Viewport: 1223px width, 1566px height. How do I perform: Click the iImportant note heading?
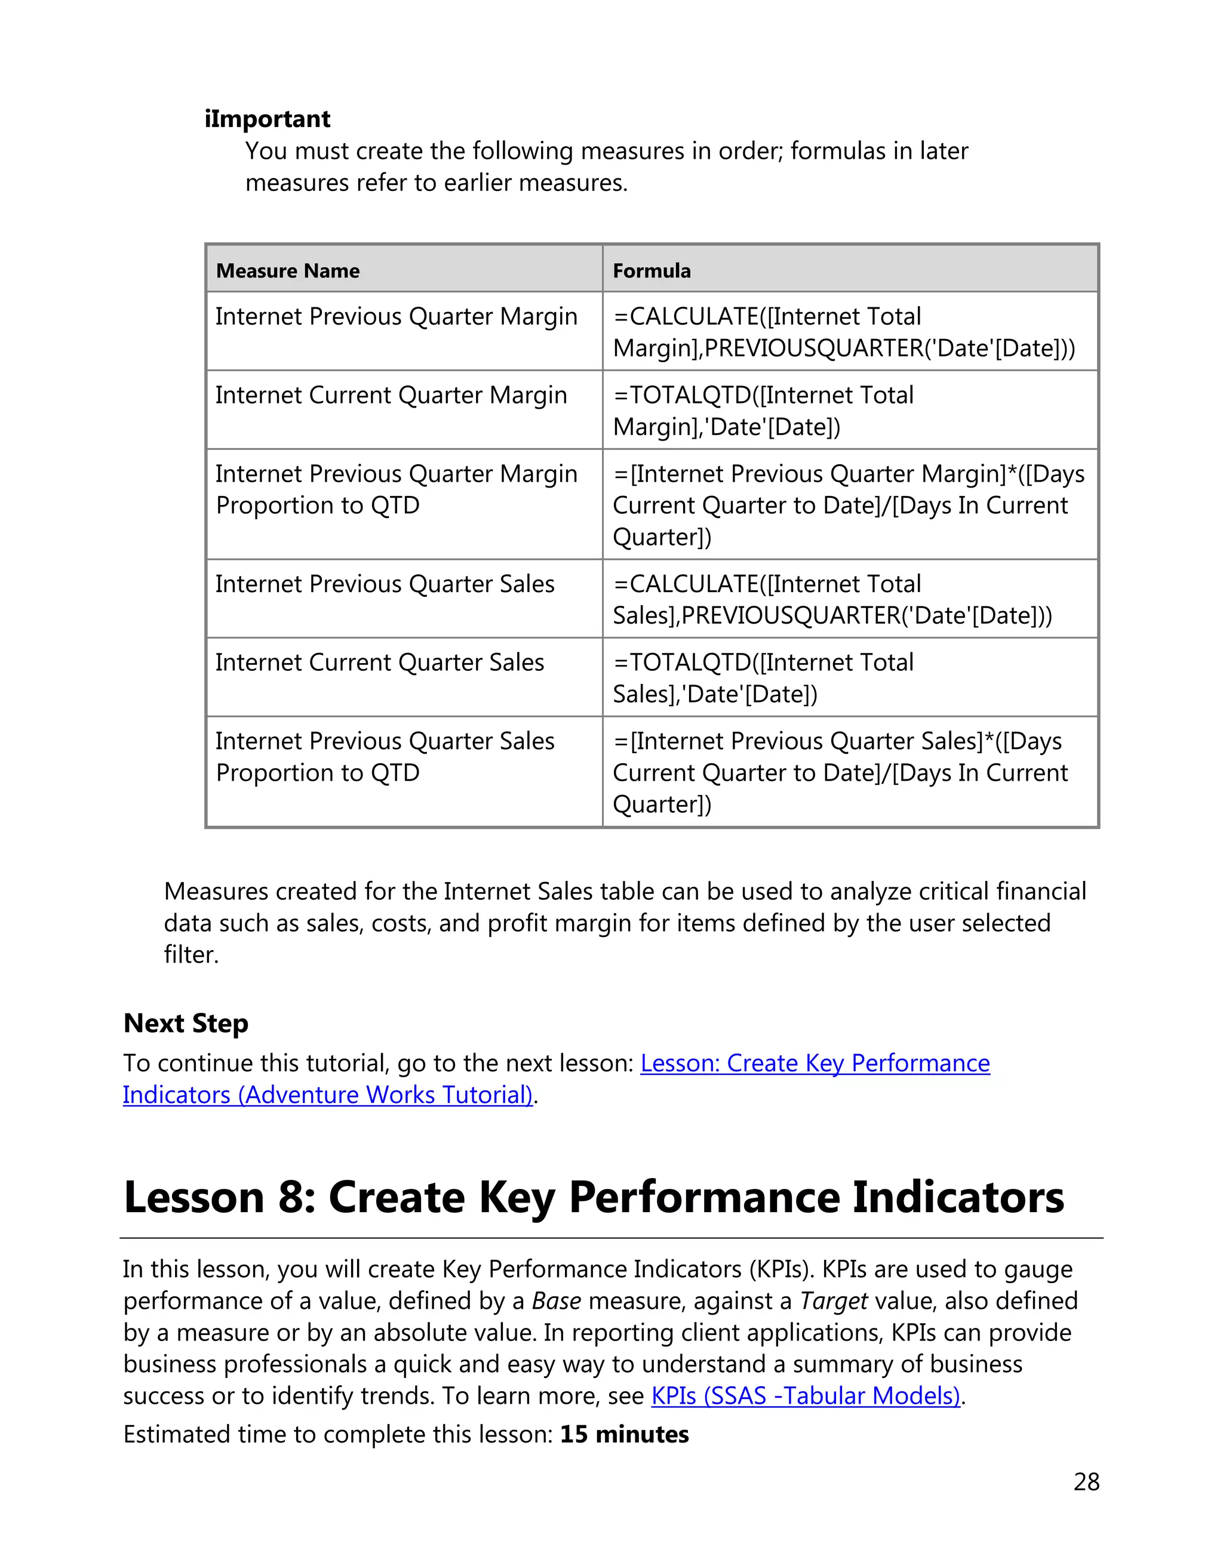[x=267, y=119]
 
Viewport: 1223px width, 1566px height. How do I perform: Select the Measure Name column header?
[x=288, y=271]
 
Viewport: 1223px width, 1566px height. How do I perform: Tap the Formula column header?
[x=652, y=271]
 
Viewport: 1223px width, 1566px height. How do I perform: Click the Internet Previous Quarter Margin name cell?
[x=396, y=317]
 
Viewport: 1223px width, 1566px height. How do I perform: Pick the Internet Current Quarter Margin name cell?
[x=391, y=396]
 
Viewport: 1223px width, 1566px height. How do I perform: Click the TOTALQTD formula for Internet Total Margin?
[x=763, y=411]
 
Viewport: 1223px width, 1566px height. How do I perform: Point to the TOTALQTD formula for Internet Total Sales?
[x=763, y=679]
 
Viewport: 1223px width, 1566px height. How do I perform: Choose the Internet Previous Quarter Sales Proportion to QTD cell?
[x=385, y=757]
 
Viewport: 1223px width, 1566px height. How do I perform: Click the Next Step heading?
[x=186, y=1023]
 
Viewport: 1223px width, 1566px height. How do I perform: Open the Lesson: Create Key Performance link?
[x=815, y=1063]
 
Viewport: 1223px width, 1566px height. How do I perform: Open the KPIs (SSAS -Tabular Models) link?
[x=806, y=1396]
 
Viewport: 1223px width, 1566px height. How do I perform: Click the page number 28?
[x=1086, y=1482]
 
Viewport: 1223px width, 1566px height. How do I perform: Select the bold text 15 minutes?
[x=624, y=1435]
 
